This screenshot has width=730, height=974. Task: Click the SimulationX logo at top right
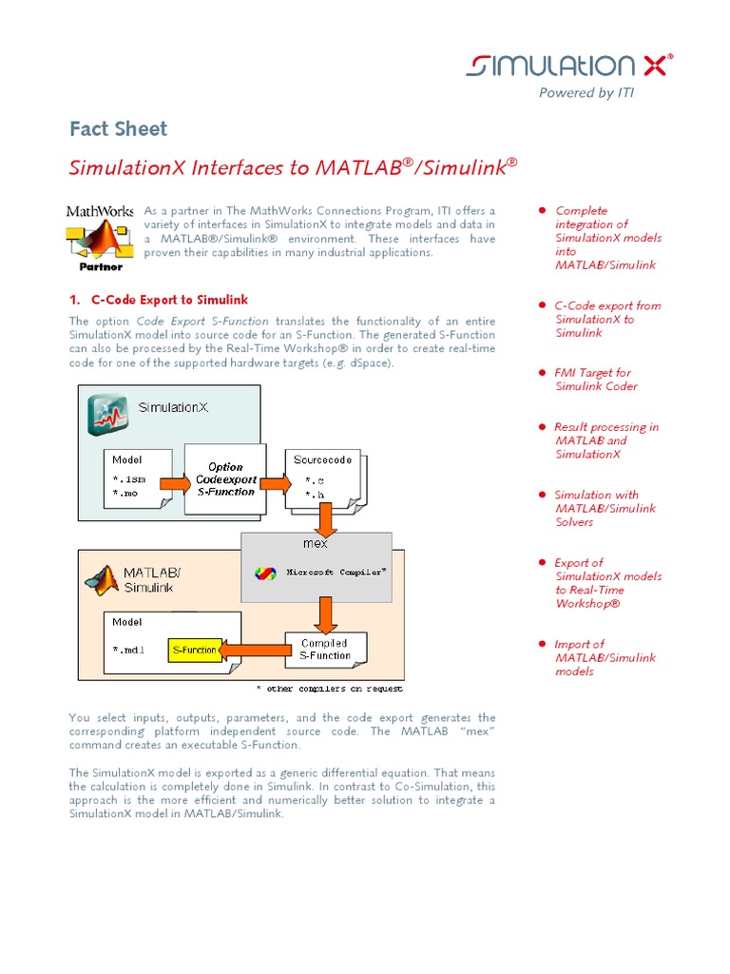568,65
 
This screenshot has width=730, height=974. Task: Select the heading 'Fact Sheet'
118,129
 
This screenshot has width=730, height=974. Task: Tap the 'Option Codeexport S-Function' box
225,479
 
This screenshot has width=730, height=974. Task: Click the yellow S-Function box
194,651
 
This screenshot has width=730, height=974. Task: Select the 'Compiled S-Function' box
324,650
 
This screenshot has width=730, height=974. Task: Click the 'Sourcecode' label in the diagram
322,459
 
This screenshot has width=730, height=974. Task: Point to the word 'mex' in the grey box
315,543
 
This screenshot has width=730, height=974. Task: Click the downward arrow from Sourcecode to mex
325,519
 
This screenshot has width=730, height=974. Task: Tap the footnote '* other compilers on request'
329,689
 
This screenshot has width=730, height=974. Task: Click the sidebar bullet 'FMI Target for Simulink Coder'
596,380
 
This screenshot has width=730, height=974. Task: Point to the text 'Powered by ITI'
586,92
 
